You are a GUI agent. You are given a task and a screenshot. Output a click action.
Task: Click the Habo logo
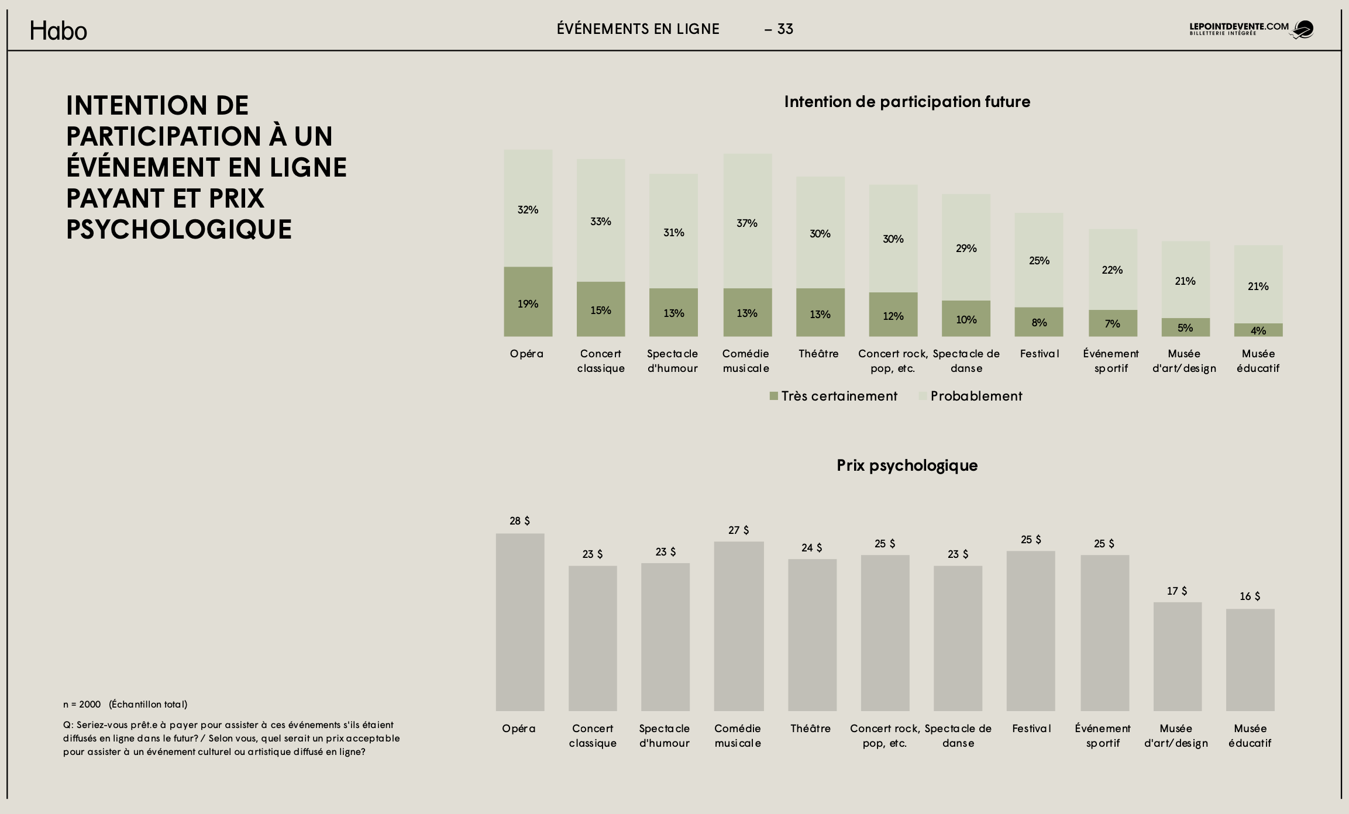tap(58, 30)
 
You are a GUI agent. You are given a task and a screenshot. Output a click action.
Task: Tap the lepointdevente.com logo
tap(1251, 29)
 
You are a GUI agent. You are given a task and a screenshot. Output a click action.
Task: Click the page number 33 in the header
tap(784, 29)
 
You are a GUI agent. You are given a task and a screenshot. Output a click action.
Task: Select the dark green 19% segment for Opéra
tap(528, 301)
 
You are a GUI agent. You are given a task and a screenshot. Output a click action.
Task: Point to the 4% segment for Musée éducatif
tap(1258, 330)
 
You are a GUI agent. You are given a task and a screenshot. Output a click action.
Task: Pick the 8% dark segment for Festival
tap(1039, 322)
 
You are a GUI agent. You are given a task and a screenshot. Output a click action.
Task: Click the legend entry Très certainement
tap(833, 396)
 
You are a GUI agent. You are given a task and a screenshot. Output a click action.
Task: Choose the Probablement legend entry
tap(971, 396)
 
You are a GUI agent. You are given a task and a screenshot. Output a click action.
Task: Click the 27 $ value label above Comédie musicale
tap(738, 530)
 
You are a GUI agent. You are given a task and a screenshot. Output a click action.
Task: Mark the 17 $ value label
tap(1177, 591)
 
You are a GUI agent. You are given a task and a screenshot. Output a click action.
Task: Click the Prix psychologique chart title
tap(907, 465)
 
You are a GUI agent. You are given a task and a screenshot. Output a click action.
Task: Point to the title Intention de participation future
tap(907, 102)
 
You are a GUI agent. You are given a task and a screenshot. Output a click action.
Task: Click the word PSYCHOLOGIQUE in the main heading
tap(179, 229)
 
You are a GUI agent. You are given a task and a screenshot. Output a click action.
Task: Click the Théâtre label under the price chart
tap(810, 729)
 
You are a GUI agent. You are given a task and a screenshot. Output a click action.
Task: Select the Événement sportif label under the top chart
tap(1111, 361)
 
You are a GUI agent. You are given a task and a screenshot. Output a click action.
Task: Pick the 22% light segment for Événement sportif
tap(1112, 270)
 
